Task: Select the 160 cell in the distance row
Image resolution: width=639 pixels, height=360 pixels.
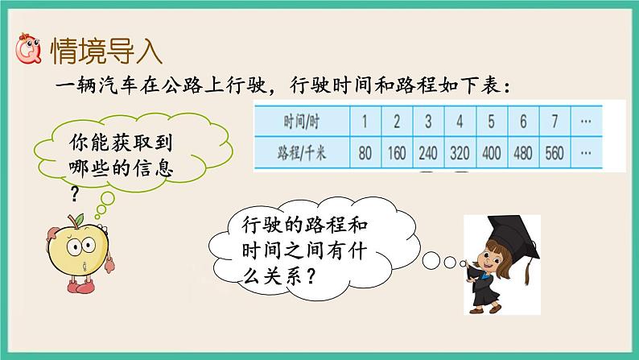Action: click(x=396, y=153)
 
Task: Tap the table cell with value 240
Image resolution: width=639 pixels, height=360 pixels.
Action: click(x=428, y=153)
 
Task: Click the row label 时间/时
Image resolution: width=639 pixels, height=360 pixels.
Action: click(x=302, y=122)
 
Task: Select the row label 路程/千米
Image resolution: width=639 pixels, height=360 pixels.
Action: click(x=302, y=153)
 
